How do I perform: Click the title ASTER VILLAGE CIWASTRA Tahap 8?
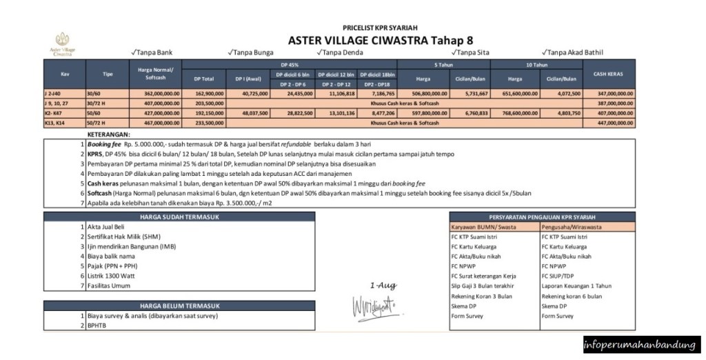pos(380,40)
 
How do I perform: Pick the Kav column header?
pos(65,73)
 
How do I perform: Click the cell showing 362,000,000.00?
pos(155,92)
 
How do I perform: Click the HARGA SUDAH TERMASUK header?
pos(179,217)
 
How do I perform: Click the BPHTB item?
pos(97,326)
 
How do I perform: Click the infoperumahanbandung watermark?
pos(641,344)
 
